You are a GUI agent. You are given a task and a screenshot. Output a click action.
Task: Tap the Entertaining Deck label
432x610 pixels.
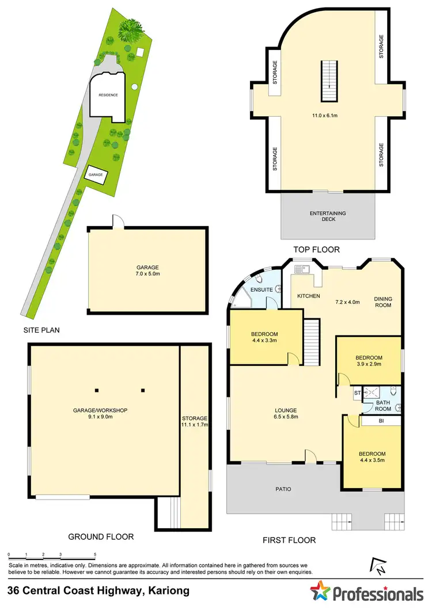tap(328, 216)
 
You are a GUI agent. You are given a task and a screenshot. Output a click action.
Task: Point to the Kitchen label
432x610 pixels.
tap(308, 296)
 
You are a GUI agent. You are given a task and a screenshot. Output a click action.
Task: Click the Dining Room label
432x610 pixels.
tap(382, 302)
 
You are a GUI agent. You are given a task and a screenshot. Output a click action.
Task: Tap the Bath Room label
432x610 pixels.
tap(384, 405)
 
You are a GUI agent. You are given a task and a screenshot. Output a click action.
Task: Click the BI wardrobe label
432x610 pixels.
tap(381, 421)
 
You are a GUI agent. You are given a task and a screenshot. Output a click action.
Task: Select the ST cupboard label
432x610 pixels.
tap(357, 392)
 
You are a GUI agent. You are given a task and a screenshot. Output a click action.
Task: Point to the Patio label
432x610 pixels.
tap(283, 489)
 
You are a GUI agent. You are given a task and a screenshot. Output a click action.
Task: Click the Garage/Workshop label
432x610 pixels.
tap(100, 414)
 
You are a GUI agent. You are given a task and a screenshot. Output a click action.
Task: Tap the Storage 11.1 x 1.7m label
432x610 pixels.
tap(194, 421)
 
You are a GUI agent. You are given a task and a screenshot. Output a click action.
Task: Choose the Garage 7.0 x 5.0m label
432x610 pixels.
tap(147, 270)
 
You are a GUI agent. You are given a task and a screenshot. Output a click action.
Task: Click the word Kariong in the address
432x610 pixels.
tap(169, 590)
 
